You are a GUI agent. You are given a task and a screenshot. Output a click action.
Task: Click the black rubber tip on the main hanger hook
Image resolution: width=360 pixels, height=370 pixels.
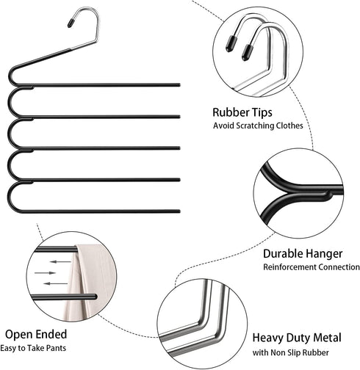[71, 23]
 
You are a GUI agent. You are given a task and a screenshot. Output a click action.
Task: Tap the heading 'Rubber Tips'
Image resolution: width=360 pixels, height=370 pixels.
[242, 112]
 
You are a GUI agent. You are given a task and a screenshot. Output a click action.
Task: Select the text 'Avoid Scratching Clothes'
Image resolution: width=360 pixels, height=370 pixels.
[258, 126]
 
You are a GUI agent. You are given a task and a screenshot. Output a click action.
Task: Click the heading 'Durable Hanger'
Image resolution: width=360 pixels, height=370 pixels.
[303, 253]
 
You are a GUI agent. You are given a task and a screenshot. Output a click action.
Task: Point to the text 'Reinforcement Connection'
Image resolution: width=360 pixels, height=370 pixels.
[312, 266]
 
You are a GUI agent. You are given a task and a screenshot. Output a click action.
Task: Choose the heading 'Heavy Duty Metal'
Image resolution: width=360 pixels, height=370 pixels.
[297, 338]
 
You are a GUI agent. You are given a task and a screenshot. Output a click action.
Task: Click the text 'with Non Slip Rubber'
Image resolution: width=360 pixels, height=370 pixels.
[290, 352]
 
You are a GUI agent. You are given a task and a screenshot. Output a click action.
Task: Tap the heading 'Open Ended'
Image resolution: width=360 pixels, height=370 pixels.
[36, 334]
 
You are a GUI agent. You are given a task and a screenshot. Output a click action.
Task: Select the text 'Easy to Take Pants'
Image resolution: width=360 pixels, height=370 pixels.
[33, 348]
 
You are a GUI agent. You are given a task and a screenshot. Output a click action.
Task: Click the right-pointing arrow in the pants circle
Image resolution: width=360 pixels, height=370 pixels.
[45, 272]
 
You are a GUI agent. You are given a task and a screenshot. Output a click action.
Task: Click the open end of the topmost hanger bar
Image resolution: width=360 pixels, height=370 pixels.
[179, 85]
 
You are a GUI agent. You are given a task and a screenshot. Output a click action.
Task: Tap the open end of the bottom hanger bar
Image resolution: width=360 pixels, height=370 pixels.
[179, 211]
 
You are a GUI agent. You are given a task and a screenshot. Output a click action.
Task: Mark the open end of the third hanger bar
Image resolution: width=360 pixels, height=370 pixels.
[179, 148]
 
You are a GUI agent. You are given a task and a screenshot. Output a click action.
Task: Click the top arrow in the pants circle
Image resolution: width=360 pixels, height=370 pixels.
[60, 262]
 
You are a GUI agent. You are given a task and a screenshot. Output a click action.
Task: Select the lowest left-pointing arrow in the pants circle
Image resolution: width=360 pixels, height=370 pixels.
[55, 283]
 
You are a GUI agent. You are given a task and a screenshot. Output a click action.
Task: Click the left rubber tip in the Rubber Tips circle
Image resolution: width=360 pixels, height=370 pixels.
[231, 44]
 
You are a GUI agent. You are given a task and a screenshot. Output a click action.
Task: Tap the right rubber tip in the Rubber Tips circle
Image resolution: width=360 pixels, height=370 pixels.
[247, 52]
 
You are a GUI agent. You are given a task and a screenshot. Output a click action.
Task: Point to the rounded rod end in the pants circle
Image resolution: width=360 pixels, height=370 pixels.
[94, 297]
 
